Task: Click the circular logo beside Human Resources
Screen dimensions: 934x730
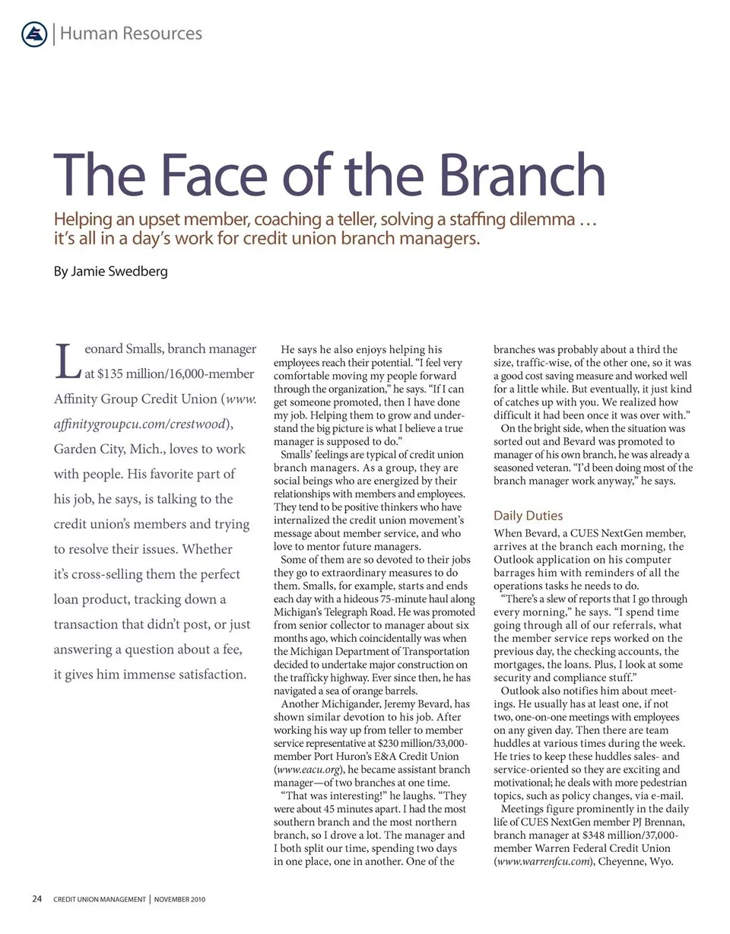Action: pos(35,33)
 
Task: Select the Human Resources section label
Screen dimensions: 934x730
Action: pos(131,33)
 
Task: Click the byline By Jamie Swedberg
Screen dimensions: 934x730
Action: pos(111,272)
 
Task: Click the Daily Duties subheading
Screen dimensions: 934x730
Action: pos(528,516)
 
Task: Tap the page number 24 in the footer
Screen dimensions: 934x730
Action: pos(36,899)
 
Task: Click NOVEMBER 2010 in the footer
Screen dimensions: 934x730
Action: pos(179,900)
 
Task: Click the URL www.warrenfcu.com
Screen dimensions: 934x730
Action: pos(542,862)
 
